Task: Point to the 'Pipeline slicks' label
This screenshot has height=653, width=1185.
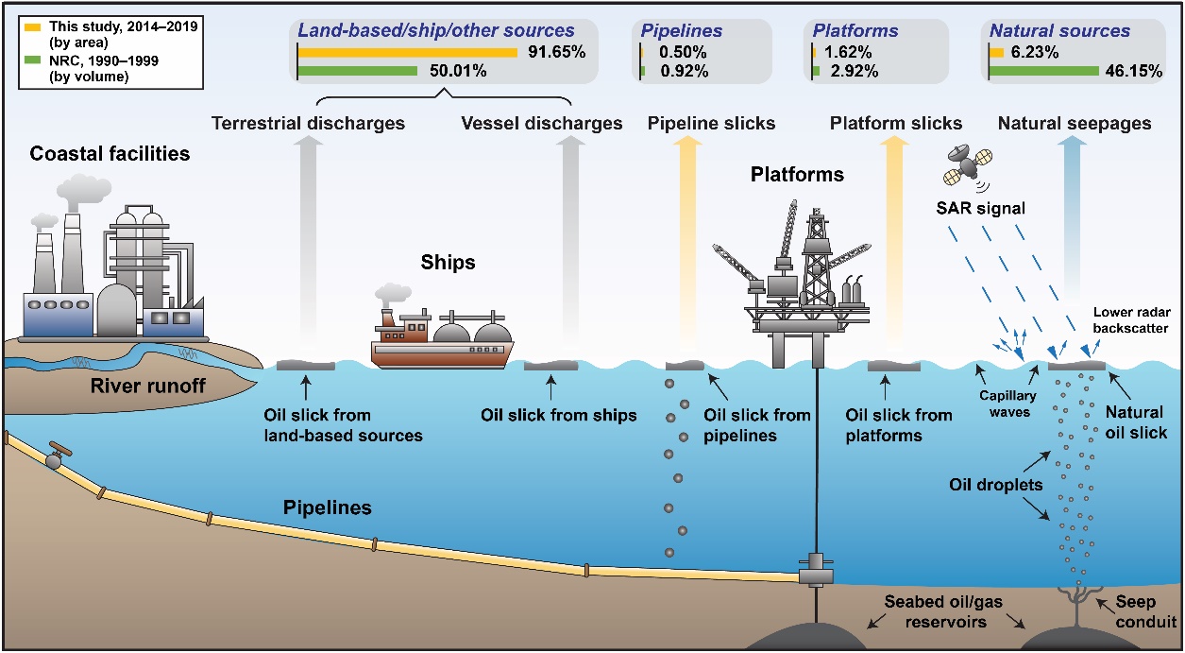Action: (x=711, y=124)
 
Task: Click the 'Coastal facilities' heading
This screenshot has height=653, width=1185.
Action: (x=110, y=152)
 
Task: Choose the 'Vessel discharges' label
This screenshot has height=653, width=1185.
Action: (x=542, y=124)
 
